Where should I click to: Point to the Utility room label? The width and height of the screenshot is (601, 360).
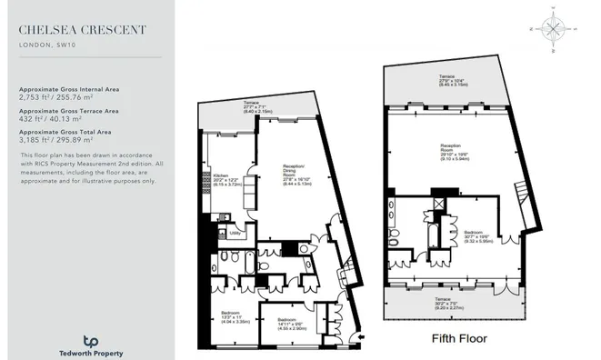[x=235, y=233]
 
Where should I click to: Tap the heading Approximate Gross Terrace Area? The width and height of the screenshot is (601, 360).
[x=73, y=110]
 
